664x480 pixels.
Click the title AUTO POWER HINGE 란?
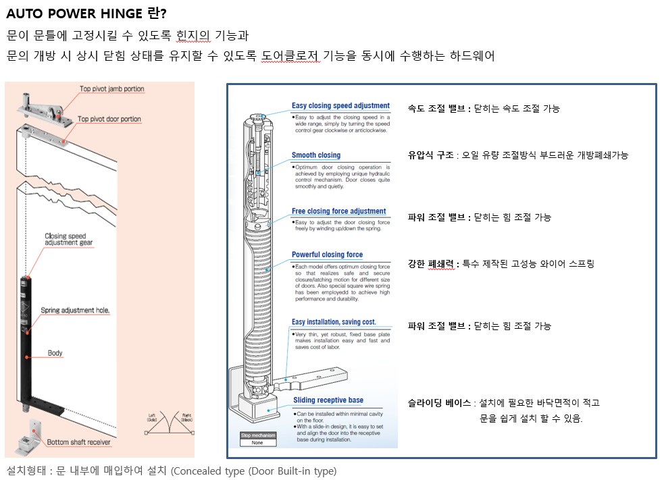click(x=87, y=14)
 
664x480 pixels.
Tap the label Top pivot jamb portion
click(x=111, y=89)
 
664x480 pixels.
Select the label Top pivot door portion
click(x=109, y=119)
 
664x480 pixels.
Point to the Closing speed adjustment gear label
click(x=74, y=238)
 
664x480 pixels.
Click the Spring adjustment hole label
click(x=75, y=311)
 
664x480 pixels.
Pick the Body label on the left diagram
click(x=55, y=353)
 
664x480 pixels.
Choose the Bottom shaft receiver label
click(x=80, y=443)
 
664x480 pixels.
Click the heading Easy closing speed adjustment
click(x=340, y=106)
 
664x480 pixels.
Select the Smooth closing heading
click(x=316, y=155)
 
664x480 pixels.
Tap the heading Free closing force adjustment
click(x=338, y=211)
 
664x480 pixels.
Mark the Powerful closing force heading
click(x=327, y=255)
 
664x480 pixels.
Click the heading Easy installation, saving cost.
click(x=334, y=322)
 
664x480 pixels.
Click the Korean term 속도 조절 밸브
click(x=437, y=109)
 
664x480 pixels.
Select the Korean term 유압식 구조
click(x=430, y=155)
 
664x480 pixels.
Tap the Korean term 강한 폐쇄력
click(x=432, y=264)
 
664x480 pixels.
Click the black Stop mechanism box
click(x=258, y=435)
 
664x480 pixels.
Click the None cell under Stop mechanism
click(x=258, y=443)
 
